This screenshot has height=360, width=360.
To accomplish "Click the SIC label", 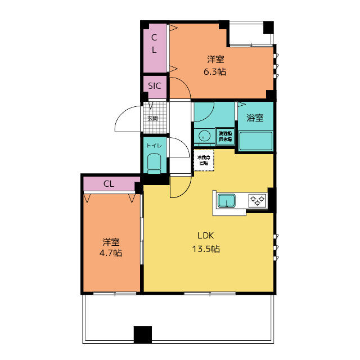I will click(155, 86).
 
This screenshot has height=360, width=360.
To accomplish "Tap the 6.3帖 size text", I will click(214, 71).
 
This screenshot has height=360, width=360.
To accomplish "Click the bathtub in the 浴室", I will click(256, 141).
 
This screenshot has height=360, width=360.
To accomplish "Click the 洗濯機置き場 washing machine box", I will click(224, 136).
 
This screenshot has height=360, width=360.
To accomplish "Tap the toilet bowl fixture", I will click(154, 163).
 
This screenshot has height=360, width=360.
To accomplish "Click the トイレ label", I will click(154, 145).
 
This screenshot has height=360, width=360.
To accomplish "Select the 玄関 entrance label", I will click(152, 119).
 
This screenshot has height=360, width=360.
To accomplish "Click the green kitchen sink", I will click(227, 200).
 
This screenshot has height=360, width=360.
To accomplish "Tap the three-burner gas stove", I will click(258, 200).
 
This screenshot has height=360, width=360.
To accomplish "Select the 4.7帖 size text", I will click(111, 254).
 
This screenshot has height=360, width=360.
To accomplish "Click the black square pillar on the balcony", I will click(143, 334).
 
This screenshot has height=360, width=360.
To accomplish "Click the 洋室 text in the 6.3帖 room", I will click(215, 59).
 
